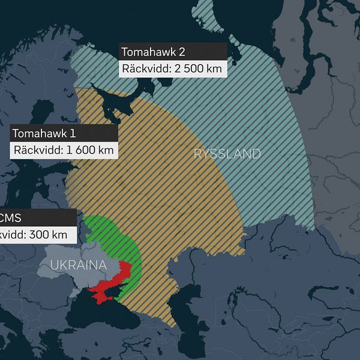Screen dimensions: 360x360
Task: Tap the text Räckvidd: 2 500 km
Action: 172,68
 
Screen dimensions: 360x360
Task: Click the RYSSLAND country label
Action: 227,154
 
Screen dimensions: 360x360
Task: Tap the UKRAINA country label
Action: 79,265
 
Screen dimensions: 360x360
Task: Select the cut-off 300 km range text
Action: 33,235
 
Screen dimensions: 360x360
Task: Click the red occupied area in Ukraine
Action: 117,279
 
